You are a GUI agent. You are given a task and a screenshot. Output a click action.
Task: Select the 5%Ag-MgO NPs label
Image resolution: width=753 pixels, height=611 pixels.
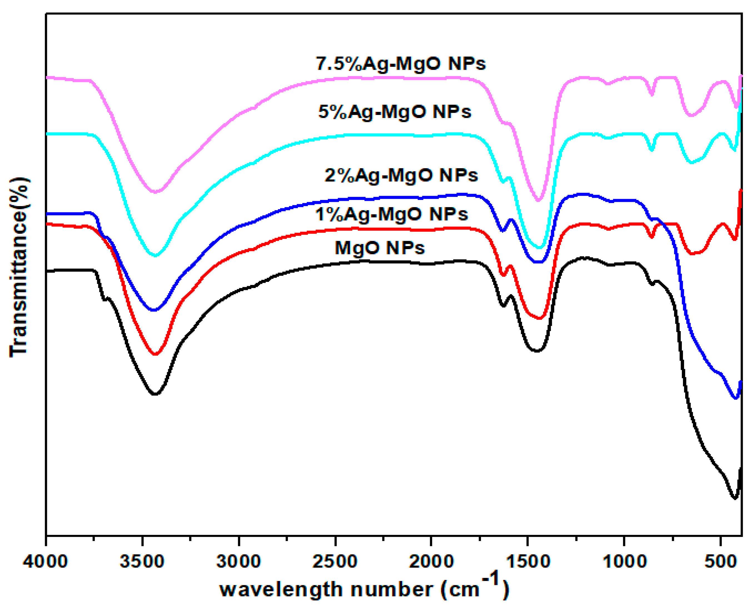395,112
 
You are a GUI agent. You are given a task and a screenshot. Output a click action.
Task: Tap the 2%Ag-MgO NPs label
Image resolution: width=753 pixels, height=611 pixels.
401,175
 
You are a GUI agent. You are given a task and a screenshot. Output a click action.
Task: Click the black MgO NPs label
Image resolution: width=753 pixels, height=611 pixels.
380,248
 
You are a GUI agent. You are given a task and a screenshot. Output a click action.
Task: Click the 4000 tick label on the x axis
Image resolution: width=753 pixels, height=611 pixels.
45,561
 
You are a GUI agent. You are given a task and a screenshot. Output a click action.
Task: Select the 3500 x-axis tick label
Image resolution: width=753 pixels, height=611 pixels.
142,561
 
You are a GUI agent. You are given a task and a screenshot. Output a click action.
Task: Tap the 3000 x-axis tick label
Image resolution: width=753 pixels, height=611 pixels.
239,561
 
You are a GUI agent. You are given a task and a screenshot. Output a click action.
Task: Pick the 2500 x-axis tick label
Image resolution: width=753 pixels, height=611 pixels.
335,561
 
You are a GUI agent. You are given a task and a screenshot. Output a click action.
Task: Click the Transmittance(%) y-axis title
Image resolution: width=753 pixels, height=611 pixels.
19,267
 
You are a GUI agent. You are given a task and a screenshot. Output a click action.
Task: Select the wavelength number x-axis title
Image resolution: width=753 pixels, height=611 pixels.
364,589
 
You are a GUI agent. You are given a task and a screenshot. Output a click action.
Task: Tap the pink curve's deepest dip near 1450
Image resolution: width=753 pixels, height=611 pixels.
538,200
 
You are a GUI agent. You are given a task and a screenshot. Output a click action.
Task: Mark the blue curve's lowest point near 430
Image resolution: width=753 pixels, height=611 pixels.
735,398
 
